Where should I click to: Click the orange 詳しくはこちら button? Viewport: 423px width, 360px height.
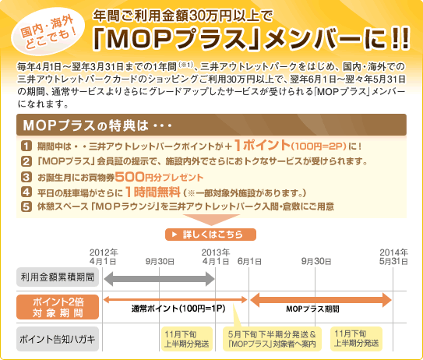tap(210, 235)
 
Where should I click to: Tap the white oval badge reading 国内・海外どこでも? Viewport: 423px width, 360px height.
tap(48, 32)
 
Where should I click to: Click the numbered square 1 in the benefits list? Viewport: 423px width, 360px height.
tap(26, 146)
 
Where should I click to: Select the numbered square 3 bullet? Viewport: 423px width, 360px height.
tap(26, 177)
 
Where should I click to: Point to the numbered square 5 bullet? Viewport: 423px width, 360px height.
tap(26, 206)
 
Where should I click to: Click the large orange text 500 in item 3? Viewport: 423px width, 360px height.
tap(130, 177)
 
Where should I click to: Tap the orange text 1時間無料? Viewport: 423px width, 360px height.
tap(153, 192)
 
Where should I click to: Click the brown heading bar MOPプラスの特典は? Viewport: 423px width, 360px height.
tap(212, 125)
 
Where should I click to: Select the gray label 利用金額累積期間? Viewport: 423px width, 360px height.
tap(58, 277)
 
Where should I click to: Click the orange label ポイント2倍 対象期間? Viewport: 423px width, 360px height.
tap(58, 307)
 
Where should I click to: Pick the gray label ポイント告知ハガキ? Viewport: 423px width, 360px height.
tap(58, 339)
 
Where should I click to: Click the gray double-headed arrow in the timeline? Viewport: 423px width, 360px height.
tap(159, 279)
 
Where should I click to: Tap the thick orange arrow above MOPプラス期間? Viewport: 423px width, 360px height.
tap(321, 299)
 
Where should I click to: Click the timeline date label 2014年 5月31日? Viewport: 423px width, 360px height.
tap(393, 256)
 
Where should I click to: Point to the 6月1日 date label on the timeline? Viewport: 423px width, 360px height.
tap(249, 261)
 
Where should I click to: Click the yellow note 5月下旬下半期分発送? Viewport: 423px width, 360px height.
tap(272, 339)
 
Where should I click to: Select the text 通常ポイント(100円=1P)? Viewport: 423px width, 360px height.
tap(178, 309)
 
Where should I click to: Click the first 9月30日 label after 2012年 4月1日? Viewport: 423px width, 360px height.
tap(160, 261)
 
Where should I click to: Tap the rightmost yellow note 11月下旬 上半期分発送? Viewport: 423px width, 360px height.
tap(356, 339)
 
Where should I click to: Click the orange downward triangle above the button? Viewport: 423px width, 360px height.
tap(212, 220)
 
